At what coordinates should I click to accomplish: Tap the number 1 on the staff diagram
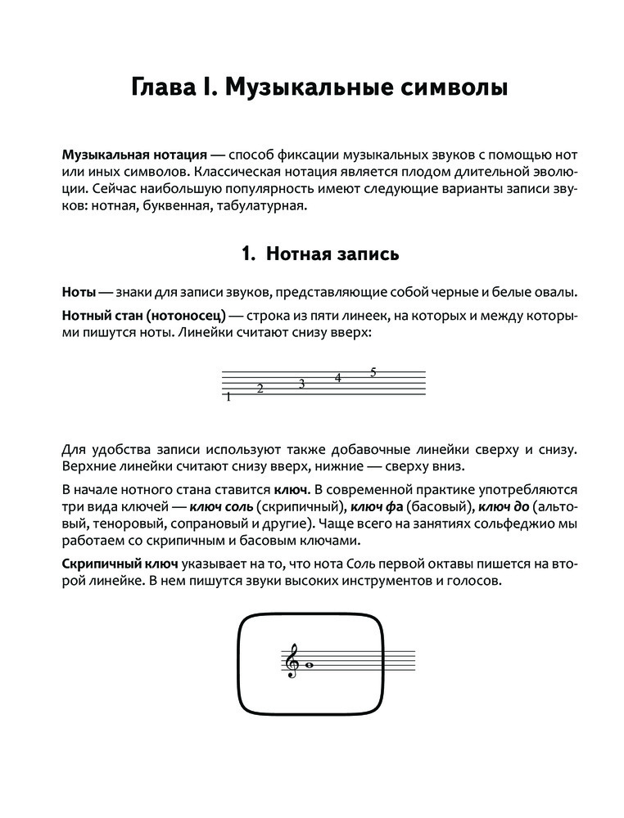click(x=228, y=398)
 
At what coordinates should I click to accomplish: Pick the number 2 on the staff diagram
click(x=260, y=389)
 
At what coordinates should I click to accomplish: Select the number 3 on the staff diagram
click(x=301, y=384)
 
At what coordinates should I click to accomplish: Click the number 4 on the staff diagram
click(x=337, y=378)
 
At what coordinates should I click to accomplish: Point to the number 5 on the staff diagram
click(x=373, y=373)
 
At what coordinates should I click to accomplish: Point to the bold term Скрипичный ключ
click(x=120, y=565)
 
